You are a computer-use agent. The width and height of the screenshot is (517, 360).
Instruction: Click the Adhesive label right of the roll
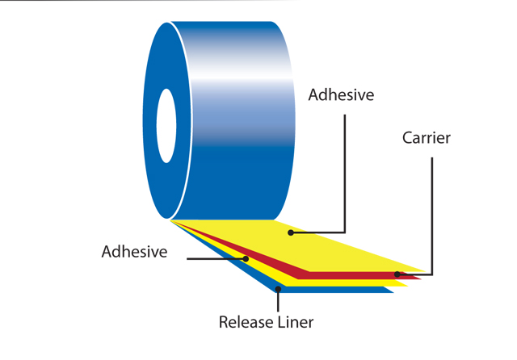tap(341, 95)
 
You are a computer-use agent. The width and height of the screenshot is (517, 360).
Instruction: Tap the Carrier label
tap(426, 138)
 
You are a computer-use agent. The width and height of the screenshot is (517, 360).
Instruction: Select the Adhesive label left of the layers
tap(134, 251)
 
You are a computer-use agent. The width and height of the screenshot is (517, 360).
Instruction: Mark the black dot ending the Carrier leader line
tap(397, 274)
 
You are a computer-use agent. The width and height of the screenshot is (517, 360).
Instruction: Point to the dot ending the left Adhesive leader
tap(246, 259)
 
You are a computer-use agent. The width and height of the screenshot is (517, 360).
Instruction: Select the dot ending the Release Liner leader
tap(277, 285)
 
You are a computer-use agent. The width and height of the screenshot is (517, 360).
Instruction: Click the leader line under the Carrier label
tap(433, 210)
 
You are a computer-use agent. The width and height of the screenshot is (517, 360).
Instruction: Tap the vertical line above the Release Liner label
tap(277, 299)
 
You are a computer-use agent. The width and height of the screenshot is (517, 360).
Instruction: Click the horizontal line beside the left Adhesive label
tap(214, 259)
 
